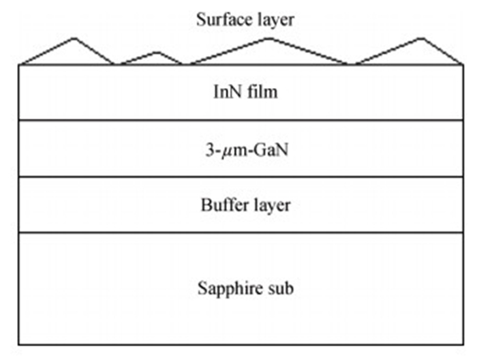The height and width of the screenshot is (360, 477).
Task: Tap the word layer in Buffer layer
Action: [x=273, y=205]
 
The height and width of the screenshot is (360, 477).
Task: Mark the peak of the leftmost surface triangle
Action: [x=74, y=38]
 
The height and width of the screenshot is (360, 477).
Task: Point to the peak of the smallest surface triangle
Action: [x=157, y=52]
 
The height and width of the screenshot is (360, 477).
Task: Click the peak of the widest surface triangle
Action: [x=269, y=38]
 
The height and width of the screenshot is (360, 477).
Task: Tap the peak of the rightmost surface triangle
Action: [x=420, y=38]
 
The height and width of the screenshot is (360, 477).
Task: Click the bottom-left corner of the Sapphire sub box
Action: [x=19, y=344]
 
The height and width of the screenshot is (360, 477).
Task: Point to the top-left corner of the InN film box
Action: [x=19, y=65]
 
